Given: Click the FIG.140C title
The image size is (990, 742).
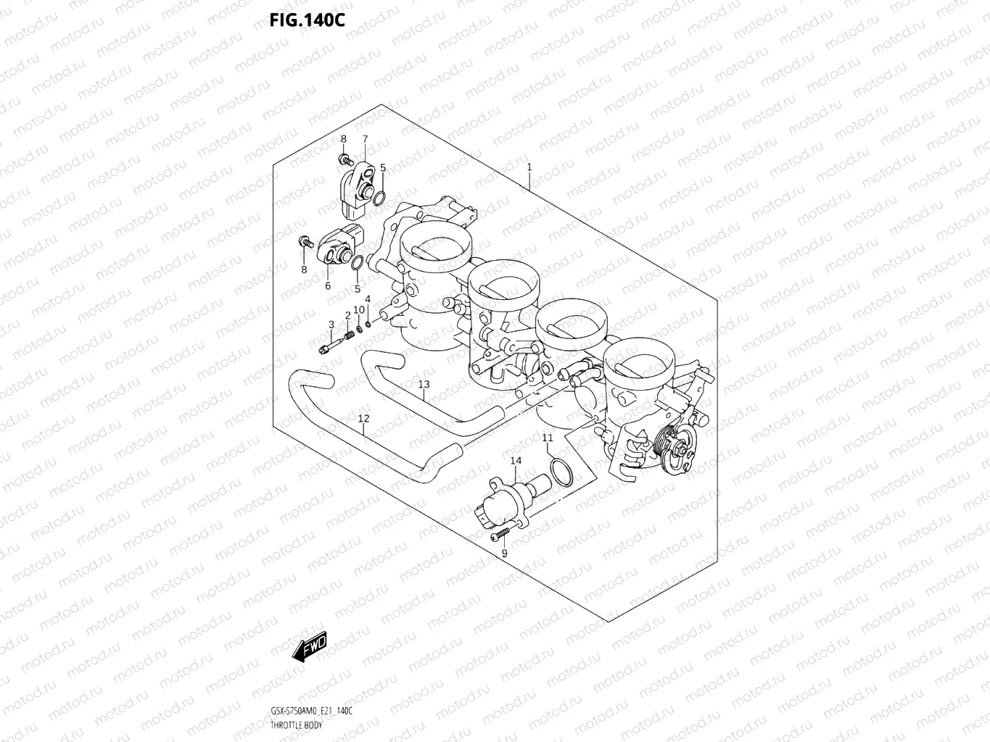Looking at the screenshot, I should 307,20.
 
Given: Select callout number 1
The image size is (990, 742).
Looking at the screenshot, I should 529,167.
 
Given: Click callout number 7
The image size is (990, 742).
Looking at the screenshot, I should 365,139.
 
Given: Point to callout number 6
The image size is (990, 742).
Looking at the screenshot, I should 328,285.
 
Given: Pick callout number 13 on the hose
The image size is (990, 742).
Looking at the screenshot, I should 424,384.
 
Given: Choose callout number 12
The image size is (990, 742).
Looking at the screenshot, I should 363,418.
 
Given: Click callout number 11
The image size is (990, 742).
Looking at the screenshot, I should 548,438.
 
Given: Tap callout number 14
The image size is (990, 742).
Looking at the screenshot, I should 516,461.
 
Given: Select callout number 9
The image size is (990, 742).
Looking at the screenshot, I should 504,554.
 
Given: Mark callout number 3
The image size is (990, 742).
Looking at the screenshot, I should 331,325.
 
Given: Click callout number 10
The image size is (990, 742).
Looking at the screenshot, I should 359,310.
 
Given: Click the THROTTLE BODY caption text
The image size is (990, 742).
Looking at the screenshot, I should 297,725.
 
